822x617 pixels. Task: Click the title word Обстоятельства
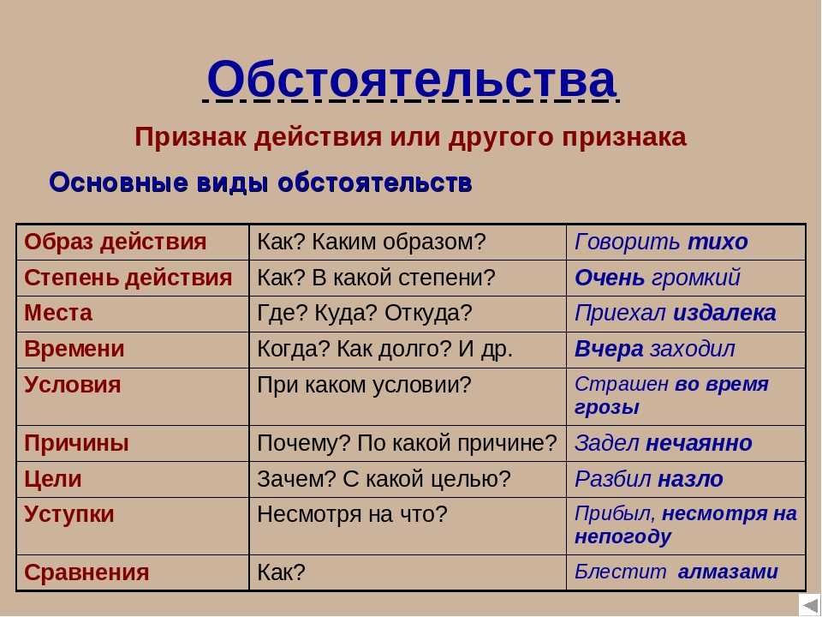tap(411, 79)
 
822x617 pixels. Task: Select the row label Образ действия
tap(115, 242)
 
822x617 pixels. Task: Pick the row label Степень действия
tap(128, 278)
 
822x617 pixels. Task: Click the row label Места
tap(58, 313)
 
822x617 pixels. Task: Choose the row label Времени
tap(74, 349)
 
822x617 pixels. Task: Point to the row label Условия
tap(72, 385)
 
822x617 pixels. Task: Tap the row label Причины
tap(76, 443)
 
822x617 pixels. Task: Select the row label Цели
tap(52, 479)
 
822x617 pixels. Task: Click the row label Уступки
tap(68, 514)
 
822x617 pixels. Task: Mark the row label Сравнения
tap(86, 572)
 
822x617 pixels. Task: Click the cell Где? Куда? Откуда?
tap(365, 314)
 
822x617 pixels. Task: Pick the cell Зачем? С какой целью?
tap(384, 479)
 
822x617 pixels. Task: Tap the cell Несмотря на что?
tap(352, 514)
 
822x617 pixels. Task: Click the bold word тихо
tap(718, 242)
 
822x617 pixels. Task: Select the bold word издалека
tap(724, 314)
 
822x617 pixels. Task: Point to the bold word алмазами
tap(728, 572)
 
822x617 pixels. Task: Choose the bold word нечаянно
tap(699, 443)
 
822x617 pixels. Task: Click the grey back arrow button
tap(810, 606)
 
